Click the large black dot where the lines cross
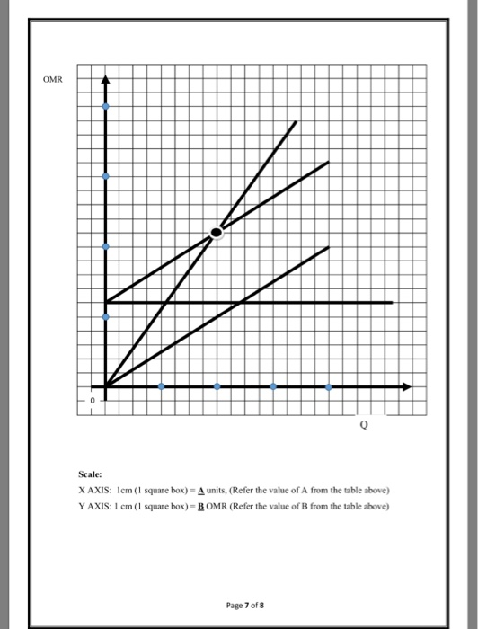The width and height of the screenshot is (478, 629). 216,233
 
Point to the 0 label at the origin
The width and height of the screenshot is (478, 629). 91,399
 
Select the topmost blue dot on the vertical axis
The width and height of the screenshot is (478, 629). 106,107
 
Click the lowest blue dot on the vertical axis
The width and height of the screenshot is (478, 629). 106,316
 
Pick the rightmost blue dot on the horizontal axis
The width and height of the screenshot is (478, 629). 328,387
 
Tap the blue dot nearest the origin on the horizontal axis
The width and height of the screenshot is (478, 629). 161,387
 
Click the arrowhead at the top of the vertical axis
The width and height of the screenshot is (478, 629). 106,76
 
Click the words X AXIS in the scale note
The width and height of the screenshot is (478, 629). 97,490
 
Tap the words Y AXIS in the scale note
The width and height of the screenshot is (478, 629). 97,505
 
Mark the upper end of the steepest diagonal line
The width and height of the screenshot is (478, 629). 296,120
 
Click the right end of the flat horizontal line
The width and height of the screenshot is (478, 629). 393,303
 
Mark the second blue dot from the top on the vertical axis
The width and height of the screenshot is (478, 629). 106,177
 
